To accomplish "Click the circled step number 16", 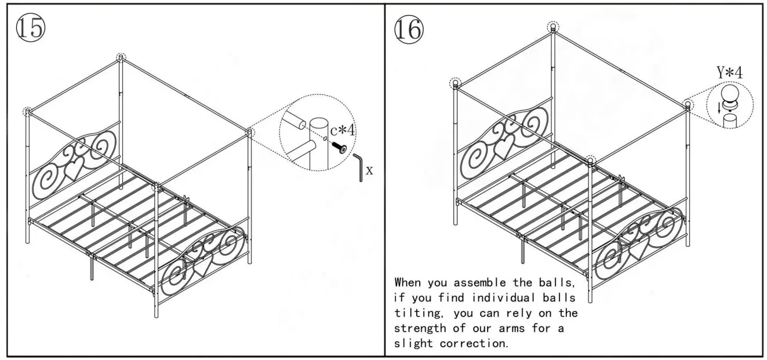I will (x=409, y=28).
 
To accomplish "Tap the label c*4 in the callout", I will (x=343, y=130).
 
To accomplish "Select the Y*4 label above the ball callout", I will (x=729, y=73).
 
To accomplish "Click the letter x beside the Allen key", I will (x=369, y=171).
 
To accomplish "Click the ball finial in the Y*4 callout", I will (x=728, y=94).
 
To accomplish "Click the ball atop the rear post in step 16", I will (x=554, y=27).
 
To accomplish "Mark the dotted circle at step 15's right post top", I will (x=250, y=132).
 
